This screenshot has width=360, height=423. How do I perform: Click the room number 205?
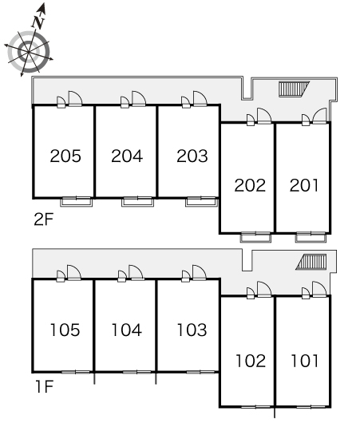click(65, 156)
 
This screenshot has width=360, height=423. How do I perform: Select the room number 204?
click(127, 156)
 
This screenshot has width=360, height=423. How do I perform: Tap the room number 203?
click(192, 156)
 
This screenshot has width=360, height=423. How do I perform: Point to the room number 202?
click(250, 185)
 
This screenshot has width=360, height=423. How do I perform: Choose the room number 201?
click(304, 185)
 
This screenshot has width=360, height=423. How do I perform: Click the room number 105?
click(65, 330)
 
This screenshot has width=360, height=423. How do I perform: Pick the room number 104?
click(127, 330)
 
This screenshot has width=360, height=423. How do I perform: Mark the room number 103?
click(192, 330)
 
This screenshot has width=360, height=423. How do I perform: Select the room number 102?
click(251, 361)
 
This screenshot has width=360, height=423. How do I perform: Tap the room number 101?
click(305, 361)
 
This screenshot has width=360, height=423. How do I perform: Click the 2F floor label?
click(44, 219)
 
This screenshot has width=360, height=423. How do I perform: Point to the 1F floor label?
click(44, 386)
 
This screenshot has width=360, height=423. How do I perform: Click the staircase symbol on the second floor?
click(294, 89)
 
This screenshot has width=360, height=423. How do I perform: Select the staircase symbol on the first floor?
click(311, 262)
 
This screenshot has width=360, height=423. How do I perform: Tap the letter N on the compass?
click(38, 23)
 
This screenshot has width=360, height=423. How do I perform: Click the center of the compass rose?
click(28, 51)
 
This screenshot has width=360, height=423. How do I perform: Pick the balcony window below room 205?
click(77, 201)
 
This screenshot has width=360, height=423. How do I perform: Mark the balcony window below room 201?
click(311, 236)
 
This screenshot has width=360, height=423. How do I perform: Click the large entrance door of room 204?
click(139, 98)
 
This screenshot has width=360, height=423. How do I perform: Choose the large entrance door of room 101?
click(319, 289)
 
